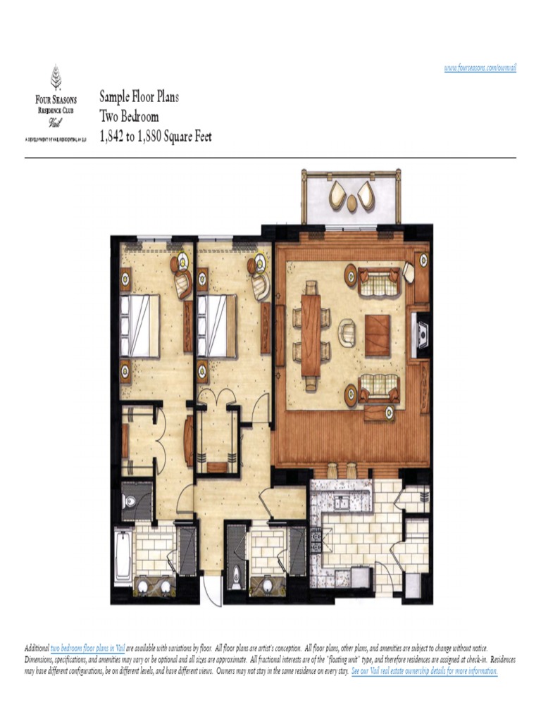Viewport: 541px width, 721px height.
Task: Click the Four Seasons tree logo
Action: pos(56,76)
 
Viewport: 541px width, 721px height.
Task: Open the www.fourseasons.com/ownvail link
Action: pos(480,68)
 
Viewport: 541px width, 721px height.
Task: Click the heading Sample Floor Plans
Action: pos(139,97)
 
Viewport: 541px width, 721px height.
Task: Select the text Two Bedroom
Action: pos(129,117)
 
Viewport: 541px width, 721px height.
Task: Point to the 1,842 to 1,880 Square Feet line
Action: pos(155,137)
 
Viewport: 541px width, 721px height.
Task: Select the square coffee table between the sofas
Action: pos(378,332)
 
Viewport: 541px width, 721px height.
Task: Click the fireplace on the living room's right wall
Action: pos(421,332)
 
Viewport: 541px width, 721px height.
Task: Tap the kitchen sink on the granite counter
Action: pos(343,503)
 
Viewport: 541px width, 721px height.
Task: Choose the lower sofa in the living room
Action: pos(378,389)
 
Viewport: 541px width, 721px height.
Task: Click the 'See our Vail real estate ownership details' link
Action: pos(424,671)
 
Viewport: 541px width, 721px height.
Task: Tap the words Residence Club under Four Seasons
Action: pos(56,111)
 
